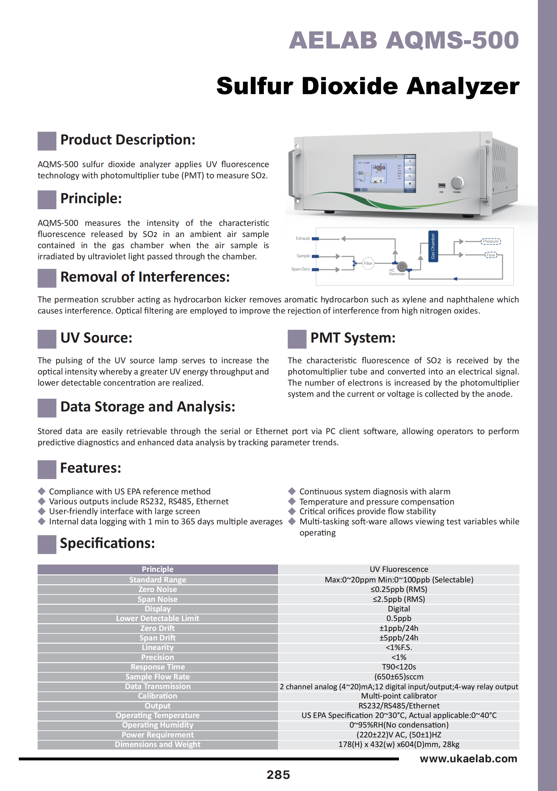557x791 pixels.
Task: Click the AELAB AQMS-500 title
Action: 403,41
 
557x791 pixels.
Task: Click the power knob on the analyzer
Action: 457,182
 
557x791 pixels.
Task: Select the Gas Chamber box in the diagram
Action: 433,246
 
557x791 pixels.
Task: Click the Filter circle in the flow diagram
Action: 368,263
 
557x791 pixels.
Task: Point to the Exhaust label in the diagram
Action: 303,238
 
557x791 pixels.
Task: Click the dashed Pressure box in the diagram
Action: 490,241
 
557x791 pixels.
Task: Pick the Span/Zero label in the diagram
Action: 300,269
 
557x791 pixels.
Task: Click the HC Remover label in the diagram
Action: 397,272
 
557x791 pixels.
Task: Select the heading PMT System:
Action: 353,338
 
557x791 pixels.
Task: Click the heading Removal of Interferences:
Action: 145,277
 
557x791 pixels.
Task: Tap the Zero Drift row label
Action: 157,628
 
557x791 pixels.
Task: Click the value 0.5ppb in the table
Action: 399,618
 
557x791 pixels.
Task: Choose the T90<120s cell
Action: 399,667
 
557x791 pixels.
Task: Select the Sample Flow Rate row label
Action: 157,676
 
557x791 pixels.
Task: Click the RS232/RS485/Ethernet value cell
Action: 399,706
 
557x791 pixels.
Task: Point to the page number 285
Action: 278,775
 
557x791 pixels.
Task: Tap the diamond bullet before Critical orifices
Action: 292,511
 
